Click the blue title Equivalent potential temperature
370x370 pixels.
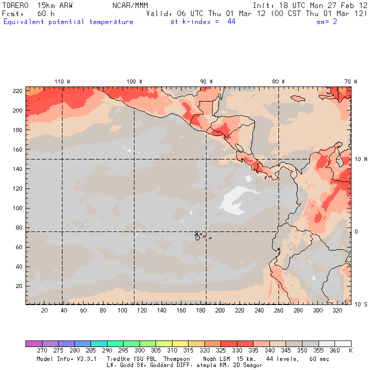pos(68,22)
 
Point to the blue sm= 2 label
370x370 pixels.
pos(327,22)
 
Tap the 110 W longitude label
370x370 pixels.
pos(62,81)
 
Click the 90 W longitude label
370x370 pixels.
pos(206,81)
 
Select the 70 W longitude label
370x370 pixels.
pos(350,81)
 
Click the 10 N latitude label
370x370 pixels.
pos(361,159)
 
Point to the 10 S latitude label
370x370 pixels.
pos(361,304)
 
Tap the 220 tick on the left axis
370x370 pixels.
pos(18,90)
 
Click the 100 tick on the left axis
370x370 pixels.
pos(18,208)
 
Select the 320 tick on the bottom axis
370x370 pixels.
pos(337,310)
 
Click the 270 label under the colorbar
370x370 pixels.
pos(41,351)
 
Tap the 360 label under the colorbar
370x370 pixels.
pos(334,351)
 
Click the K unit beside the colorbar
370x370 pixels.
pos(350,351)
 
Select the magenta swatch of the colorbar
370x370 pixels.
pos(33,344)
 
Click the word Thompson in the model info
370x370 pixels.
pos(176,359)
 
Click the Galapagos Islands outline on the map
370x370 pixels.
pos(200,234)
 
